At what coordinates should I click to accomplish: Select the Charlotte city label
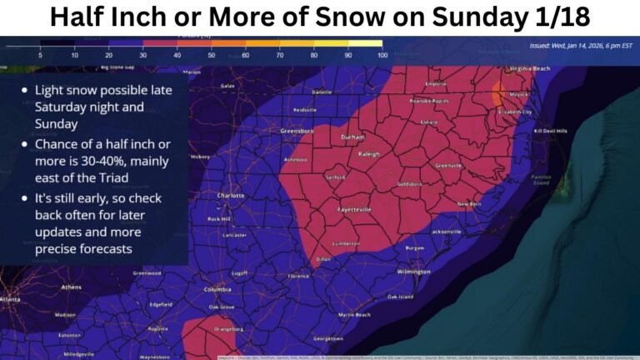230,197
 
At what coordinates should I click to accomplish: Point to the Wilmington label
413,272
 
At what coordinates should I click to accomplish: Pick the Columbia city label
217,290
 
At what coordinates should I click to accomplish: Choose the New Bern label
469,203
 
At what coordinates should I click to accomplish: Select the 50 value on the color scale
211,55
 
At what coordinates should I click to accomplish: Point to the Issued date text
578,47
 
